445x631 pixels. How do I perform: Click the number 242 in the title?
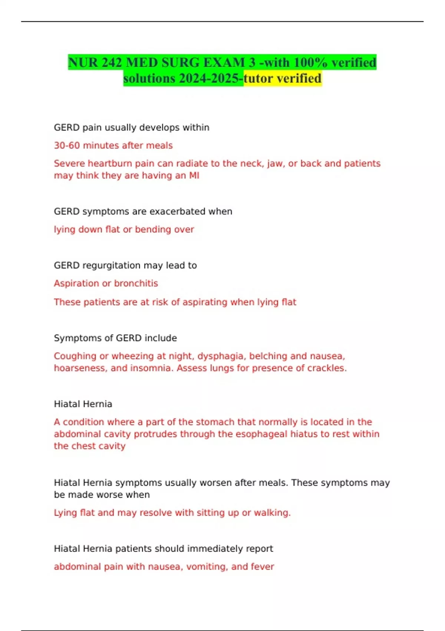coord(112,62)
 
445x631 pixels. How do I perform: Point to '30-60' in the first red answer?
coord(67,146)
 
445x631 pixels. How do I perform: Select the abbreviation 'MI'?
coord(194,176)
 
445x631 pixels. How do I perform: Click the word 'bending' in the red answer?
coord(153,229)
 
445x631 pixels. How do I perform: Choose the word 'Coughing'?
coord(75,356)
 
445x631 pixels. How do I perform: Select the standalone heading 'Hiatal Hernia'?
coord(83,404)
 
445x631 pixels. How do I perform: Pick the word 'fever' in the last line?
coord(263,567)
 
